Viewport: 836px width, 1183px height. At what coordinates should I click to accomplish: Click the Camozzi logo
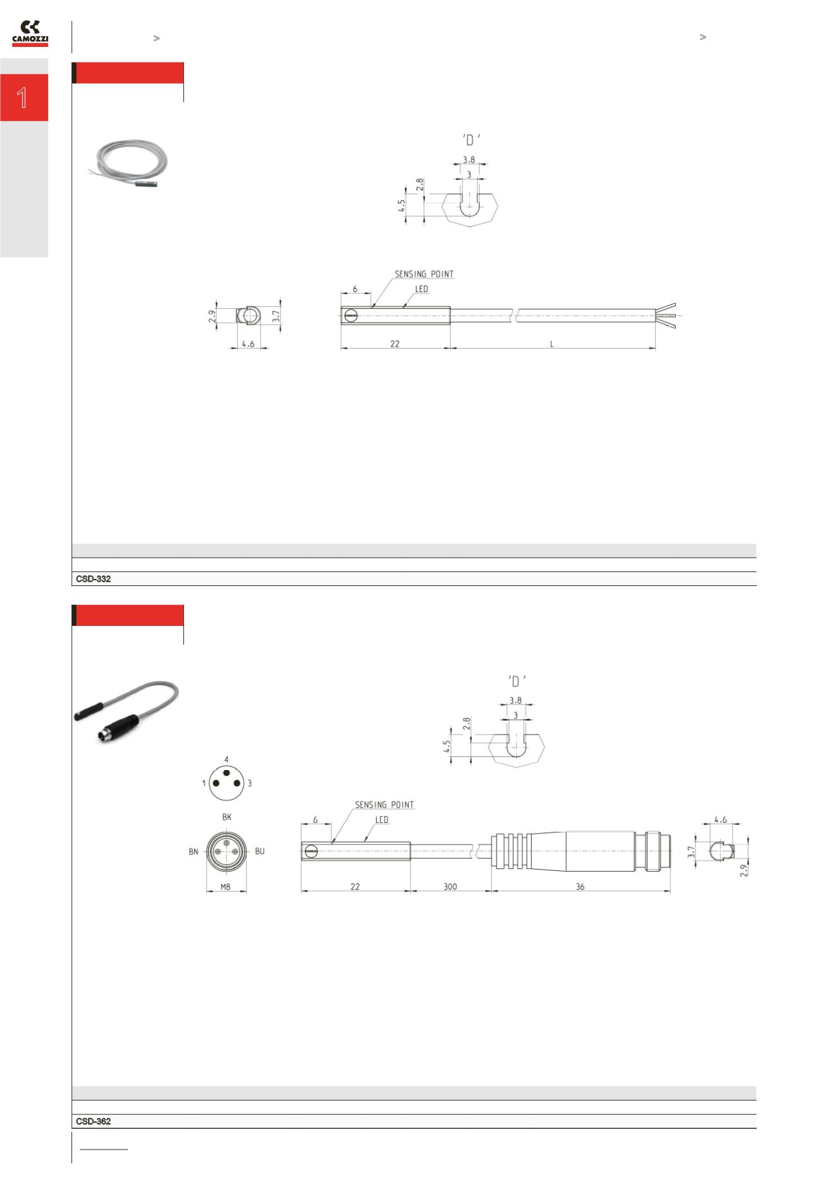coord(30,33)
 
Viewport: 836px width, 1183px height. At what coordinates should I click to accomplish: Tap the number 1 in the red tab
coord(23,98)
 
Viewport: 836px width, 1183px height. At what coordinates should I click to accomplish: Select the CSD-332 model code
coord(93,579)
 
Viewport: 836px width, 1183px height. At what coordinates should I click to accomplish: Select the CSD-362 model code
coord(93,1121)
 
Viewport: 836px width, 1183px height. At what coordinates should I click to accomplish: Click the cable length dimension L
coord(552,344)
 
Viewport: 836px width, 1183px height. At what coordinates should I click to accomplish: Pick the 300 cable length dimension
coord(450,886)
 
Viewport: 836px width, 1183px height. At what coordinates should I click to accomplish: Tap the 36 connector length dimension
coord(580,886)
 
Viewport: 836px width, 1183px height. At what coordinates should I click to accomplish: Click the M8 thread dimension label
coord(226,886)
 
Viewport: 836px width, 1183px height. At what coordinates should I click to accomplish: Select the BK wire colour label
coord(226,817)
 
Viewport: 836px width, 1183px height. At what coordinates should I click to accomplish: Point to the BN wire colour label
coord(194,852)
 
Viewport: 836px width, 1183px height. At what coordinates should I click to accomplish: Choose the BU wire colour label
coord(260,851)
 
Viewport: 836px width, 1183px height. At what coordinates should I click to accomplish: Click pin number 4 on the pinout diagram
coord(226,760)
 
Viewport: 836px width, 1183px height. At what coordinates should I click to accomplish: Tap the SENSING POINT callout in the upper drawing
coord(424,274)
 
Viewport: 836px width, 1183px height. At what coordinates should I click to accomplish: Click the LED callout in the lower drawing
coord(382,820)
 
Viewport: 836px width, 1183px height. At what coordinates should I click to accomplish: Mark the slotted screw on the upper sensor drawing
coord(350,315)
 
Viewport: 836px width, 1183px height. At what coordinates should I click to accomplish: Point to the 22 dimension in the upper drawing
coord(395,344)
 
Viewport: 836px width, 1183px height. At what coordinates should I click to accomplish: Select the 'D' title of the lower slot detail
coord(516,681)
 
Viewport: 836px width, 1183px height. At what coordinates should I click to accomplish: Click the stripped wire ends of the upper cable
coord(667,315)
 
